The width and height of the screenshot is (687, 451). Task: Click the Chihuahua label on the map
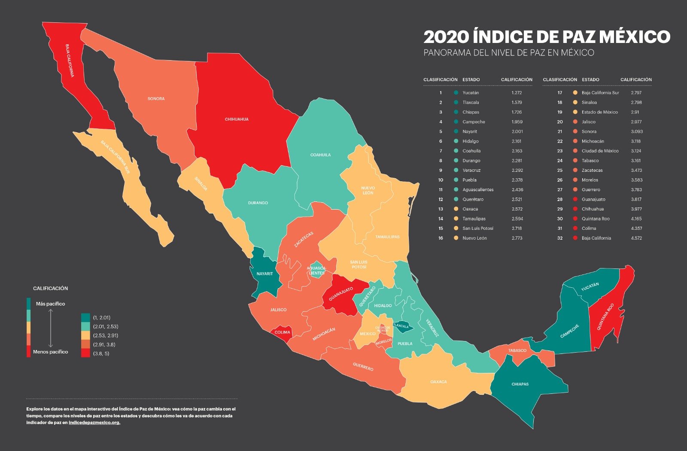[237, 119]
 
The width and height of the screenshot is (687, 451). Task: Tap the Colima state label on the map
[282, 332]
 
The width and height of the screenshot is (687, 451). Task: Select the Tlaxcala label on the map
[401, 326]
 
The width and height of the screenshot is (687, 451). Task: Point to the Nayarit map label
[264, 274]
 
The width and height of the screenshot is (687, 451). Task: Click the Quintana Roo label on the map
[605, 317]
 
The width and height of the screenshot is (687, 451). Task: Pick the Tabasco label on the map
[517, 350]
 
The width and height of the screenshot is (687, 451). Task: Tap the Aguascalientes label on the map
[316, 271]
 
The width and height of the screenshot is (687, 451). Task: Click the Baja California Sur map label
[115, 157]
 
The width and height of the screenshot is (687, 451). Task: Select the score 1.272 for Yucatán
[517, 93]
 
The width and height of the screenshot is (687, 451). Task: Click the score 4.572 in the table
[636, 238]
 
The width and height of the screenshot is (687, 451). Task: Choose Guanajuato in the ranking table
[593, 199]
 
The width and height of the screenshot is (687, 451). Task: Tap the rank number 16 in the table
[441, 238]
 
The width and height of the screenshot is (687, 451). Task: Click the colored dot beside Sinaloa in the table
[575, 102]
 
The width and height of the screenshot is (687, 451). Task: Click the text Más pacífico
[50, 304]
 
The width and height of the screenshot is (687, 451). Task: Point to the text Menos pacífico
[50, 352]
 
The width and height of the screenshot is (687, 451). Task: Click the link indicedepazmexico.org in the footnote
[94, 423]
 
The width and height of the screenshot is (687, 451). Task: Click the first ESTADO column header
[471, 79]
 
